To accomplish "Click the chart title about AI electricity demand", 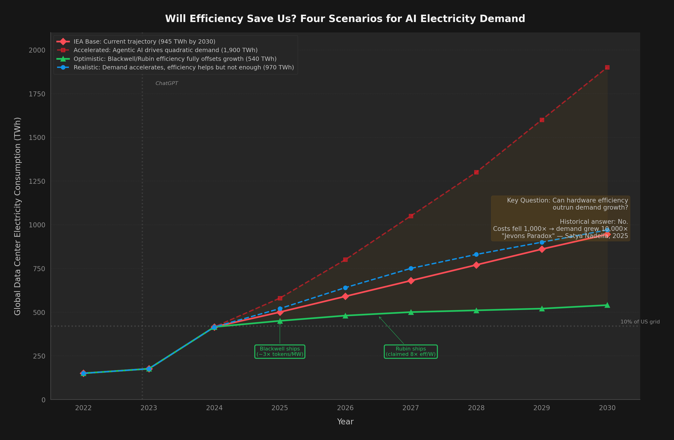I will click(x=345, y=19).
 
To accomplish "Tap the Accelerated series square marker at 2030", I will click(x=607, y=67).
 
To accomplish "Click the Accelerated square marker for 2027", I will click(x=411, y=216).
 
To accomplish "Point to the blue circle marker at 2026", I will click(x=345, y=288).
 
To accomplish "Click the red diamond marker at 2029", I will click(x=542, y=249).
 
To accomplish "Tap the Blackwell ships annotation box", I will click(x=280, y=351).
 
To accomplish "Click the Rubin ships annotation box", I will click(x=411, y=351).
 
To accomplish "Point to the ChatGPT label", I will click(x=167, y=83).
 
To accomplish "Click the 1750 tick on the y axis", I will click(x=37, y=94).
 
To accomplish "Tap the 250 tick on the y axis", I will click(x=39, y=356).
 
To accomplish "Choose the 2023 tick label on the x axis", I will click(x=149, y=408).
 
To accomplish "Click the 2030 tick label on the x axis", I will click(x=607, y=408).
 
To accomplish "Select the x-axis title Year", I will click(x=345, y=422).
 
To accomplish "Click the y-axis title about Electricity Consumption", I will click(x=18, y=216).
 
